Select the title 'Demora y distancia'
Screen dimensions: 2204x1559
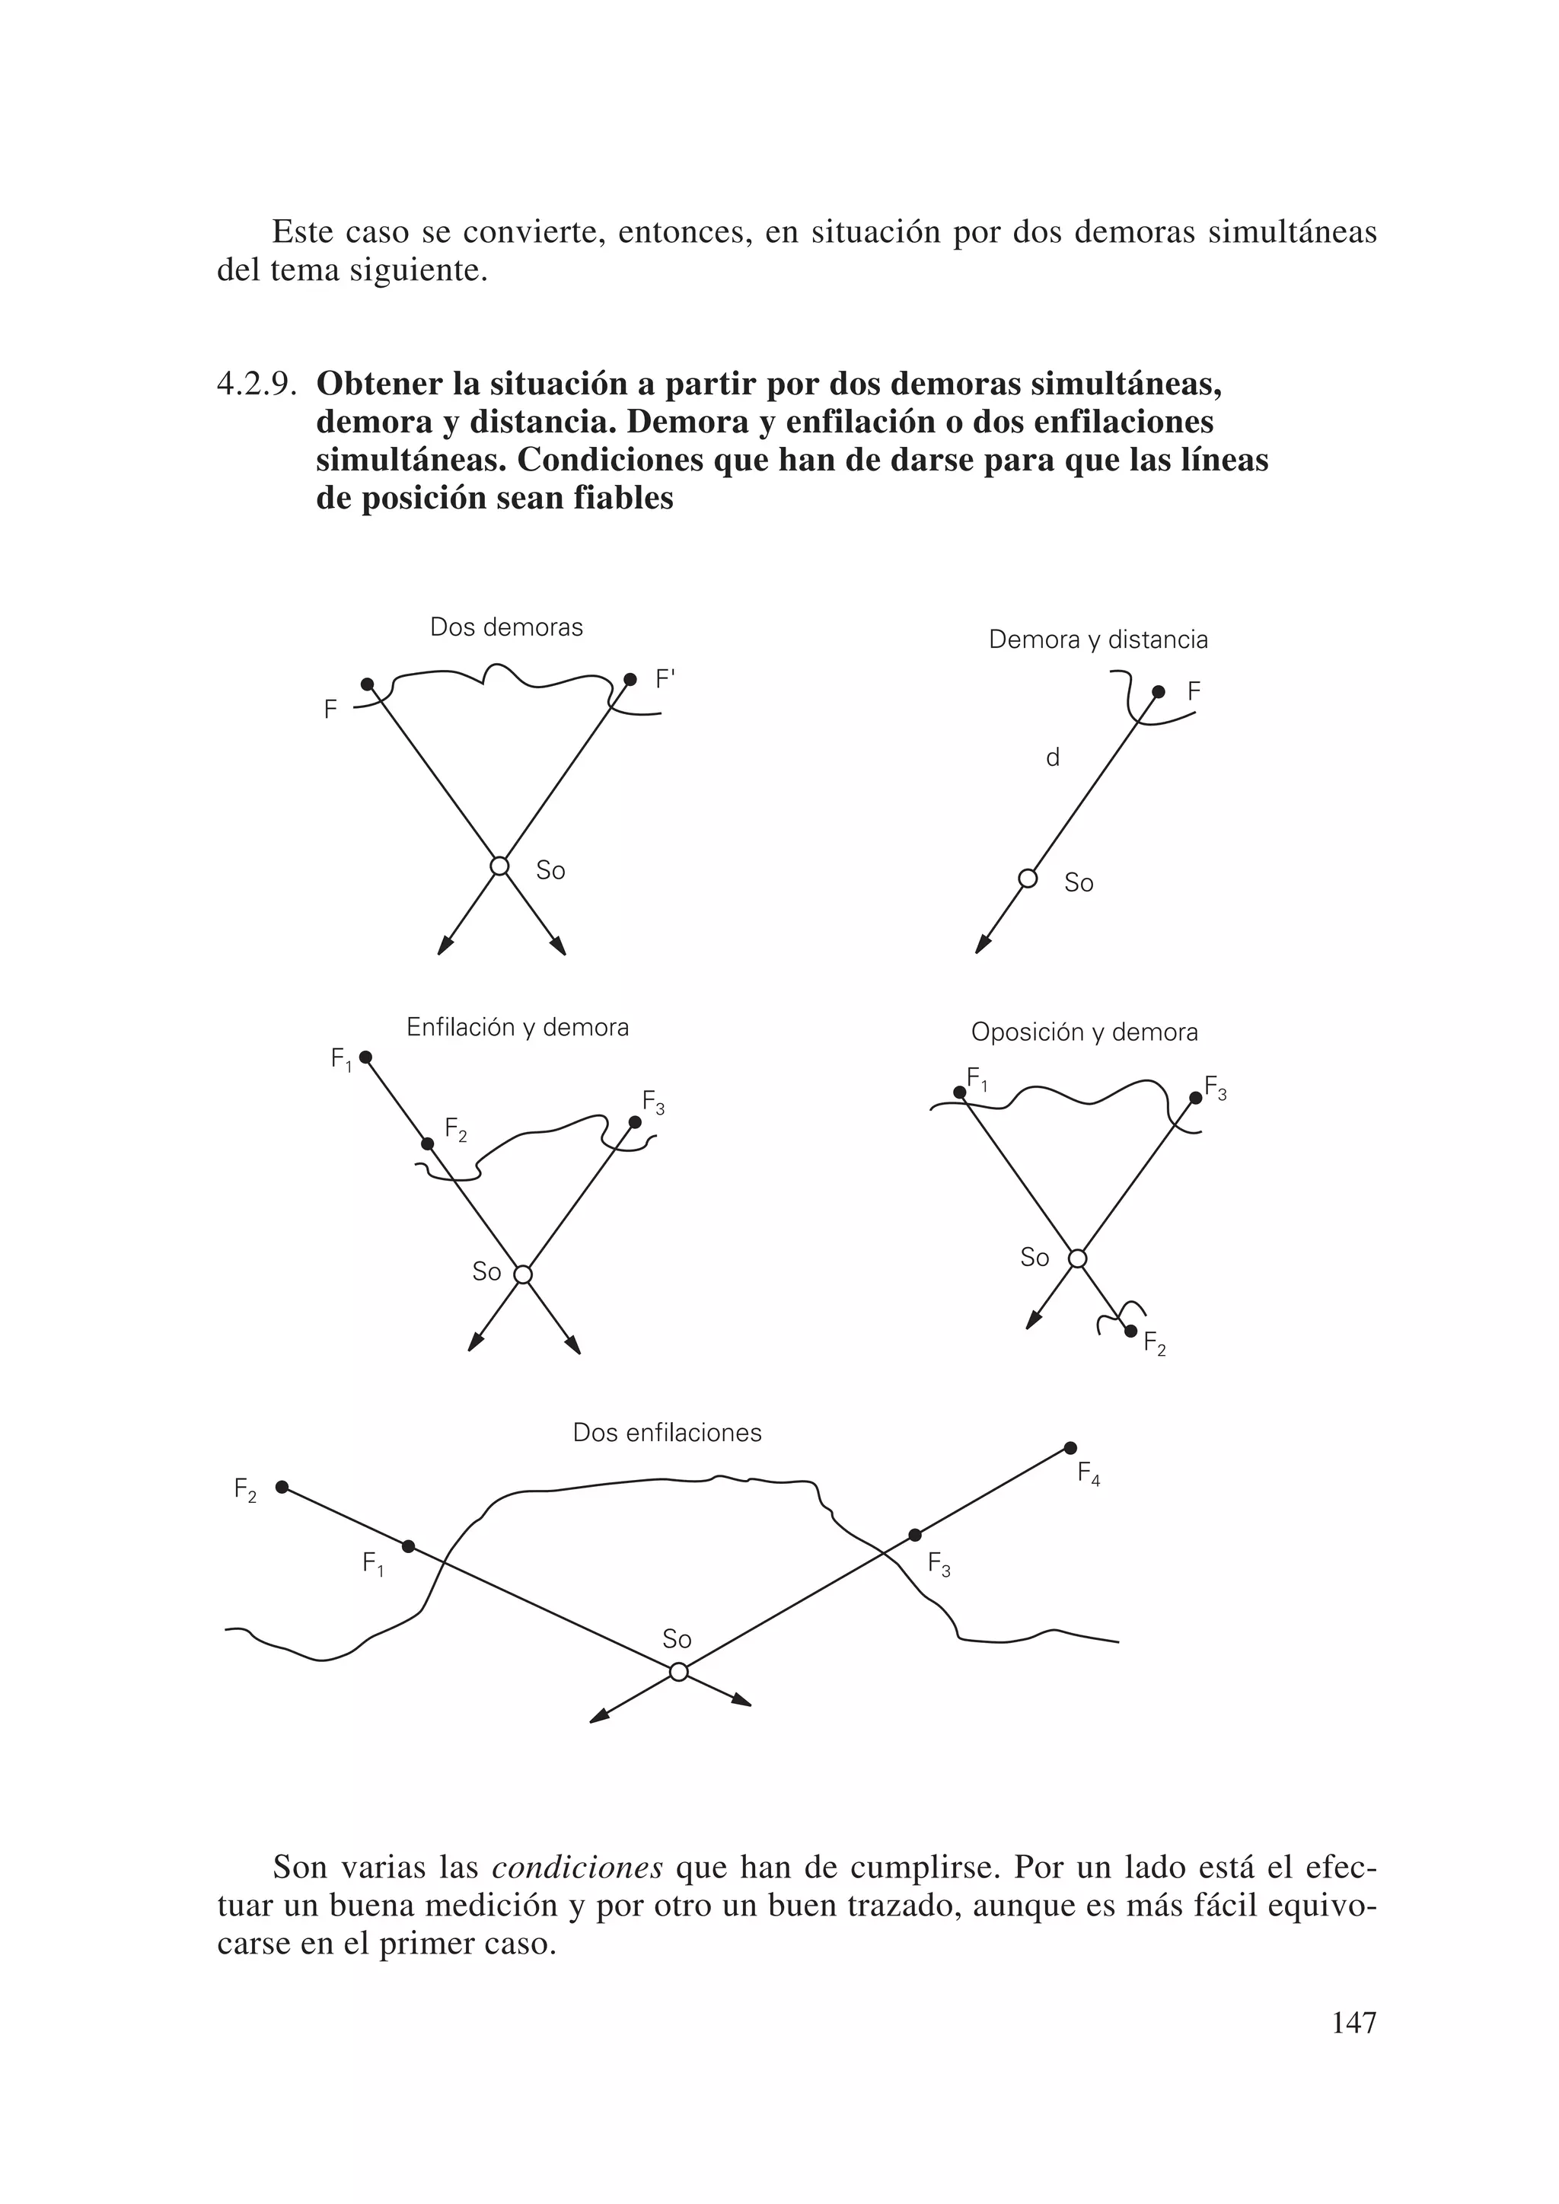[x=1098, y=640]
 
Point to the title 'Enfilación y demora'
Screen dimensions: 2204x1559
[x=518, y=1027]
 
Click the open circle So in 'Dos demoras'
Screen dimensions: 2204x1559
[x=499, y=866]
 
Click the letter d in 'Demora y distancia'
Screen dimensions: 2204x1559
[x=1052, y=758]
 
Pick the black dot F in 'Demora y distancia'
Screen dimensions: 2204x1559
[x=1159, y=691]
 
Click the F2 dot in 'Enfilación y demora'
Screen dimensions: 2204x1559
[x=427, y=1143]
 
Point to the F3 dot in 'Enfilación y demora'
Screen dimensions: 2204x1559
[x=635, y=1121]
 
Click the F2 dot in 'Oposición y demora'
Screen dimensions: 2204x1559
[x=1131, y=1331]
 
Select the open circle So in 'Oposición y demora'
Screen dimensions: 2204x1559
[x=1078, y=1258]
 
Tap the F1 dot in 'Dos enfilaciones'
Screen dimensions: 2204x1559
[x=408, y=1546]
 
